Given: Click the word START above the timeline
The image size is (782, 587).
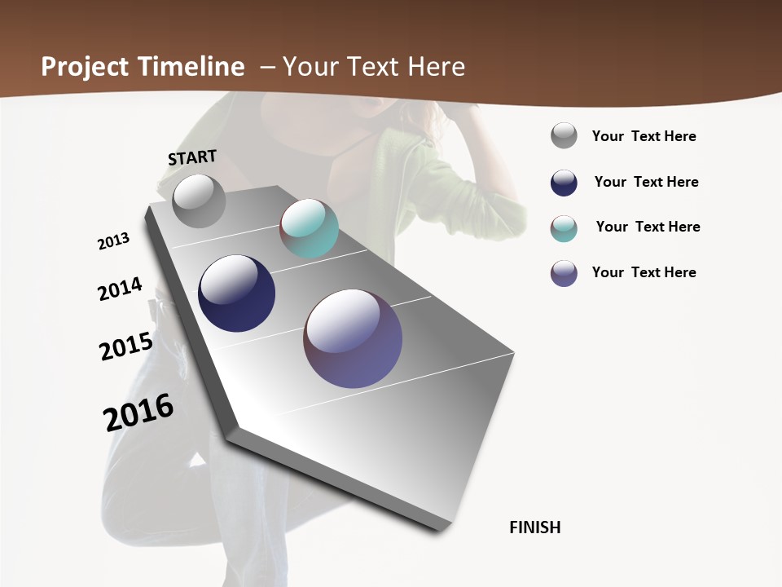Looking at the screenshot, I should pyautogui.click(x=192, y=157).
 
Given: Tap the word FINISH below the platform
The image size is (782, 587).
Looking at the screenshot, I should pyautogui.click(x=534, y=527).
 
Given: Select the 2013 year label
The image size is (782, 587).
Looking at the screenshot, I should pyautogui.click(x=114, y=241).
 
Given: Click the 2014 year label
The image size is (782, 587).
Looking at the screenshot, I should pyautogui.click(x=120, y=289).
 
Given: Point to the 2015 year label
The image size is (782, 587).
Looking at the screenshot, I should pyautogui.click(x=126, y=346).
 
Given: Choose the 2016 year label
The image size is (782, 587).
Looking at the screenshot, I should pyautogui.click(x=138, y=412).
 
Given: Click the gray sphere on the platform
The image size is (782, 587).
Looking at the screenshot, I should pyautogui.click(x=199, y=201).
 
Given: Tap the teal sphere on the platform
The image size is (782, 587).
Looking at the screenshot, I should pyautogui.click(x=309, y=227).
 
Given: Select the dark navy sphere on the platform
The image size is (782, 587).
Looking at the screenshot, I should pyautogui.click(x=236, y=293).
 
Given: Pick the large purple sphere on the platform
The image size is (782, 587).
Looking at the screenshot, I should pyautogui.click(x=353, y=338).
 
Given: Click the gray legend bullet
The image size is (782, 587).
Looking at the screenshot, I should pyautogui.click(x=564, y=135).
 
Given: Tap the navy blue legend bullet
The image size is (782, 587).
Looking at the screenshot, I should pyautogui.click(x=564, y=183).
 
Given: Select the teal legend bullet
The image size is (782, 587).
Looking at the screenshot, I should pyautogui.click(x=564, y=228).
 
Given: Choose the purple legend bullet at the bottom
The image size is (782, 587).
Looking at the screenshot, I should pyautogui.click(x=564, y=273).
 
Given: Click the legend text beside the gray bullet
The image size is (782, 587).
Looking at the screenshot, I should pyautogui.click(x=644, y=136).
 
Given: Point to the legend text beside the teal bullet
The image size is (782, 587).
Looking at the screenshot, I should pyautogui.click(x=648, y=227).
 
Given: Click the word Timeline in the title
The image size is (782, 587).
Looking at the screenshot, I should pyautogui.click(x=192, y=67).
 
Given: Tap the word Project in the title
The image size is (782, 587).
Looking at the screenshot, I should pyautogui.click(x=85, y=67).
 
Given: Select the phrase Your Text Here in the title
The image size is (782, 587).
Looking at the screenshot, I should pyautogui.click(x=374, y=67).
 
